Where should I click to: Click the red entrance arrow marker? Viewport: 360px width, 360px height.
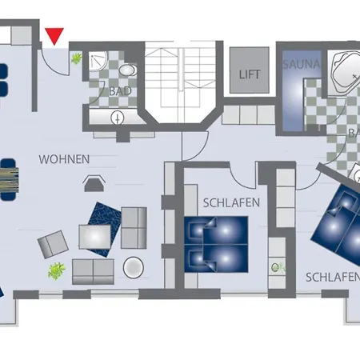(x=54, y=36)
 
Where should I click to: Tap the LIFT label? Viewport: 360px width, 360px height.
(x=250, y=74)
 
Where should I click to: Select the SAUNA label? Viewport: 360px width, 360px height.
(x=301, y=64)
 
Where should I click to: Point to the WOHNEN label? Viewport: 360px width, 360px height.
(x=64, y=159)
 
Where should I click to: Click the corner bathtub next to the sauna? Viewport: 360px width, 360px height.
(x=345, y=72)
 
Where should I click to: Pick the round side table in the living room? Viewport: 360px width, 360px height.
(x=134, y=267)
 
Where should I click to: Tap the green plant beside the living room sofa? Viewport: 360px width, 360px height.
(x=57, y=271)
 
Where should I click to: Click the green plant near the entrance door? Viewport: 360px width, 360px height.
(x=76, y=58)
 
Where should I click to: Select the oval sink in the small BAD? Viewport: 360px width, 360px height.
(x=127, y=70)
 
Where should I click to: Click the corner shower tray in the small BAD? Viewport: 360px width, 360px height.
(x=98, y=61)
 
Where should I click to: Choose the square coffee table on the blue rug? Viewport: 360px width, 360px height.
(x=94, y=237)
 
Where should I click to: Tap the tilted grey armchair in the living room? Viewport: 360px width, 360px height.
(x=53, y=244)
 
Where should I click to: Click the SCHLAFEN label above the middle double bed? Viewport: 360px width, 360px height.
(x=231, y=203)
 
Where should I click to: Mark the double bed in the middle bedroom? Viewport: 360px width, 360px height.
(x=216, y=244)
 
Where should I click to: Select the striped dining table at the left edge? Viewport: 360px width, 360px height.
(x=10, y=180)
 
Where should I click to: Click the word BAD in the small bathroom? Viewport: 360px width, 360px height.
(x=120, y=91)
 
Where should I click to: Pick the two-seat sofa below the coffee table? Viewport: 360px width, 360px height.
(x=93, y=271)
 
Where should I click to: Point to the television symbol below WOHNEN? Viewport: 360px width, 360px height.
(x=94, y=183)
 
